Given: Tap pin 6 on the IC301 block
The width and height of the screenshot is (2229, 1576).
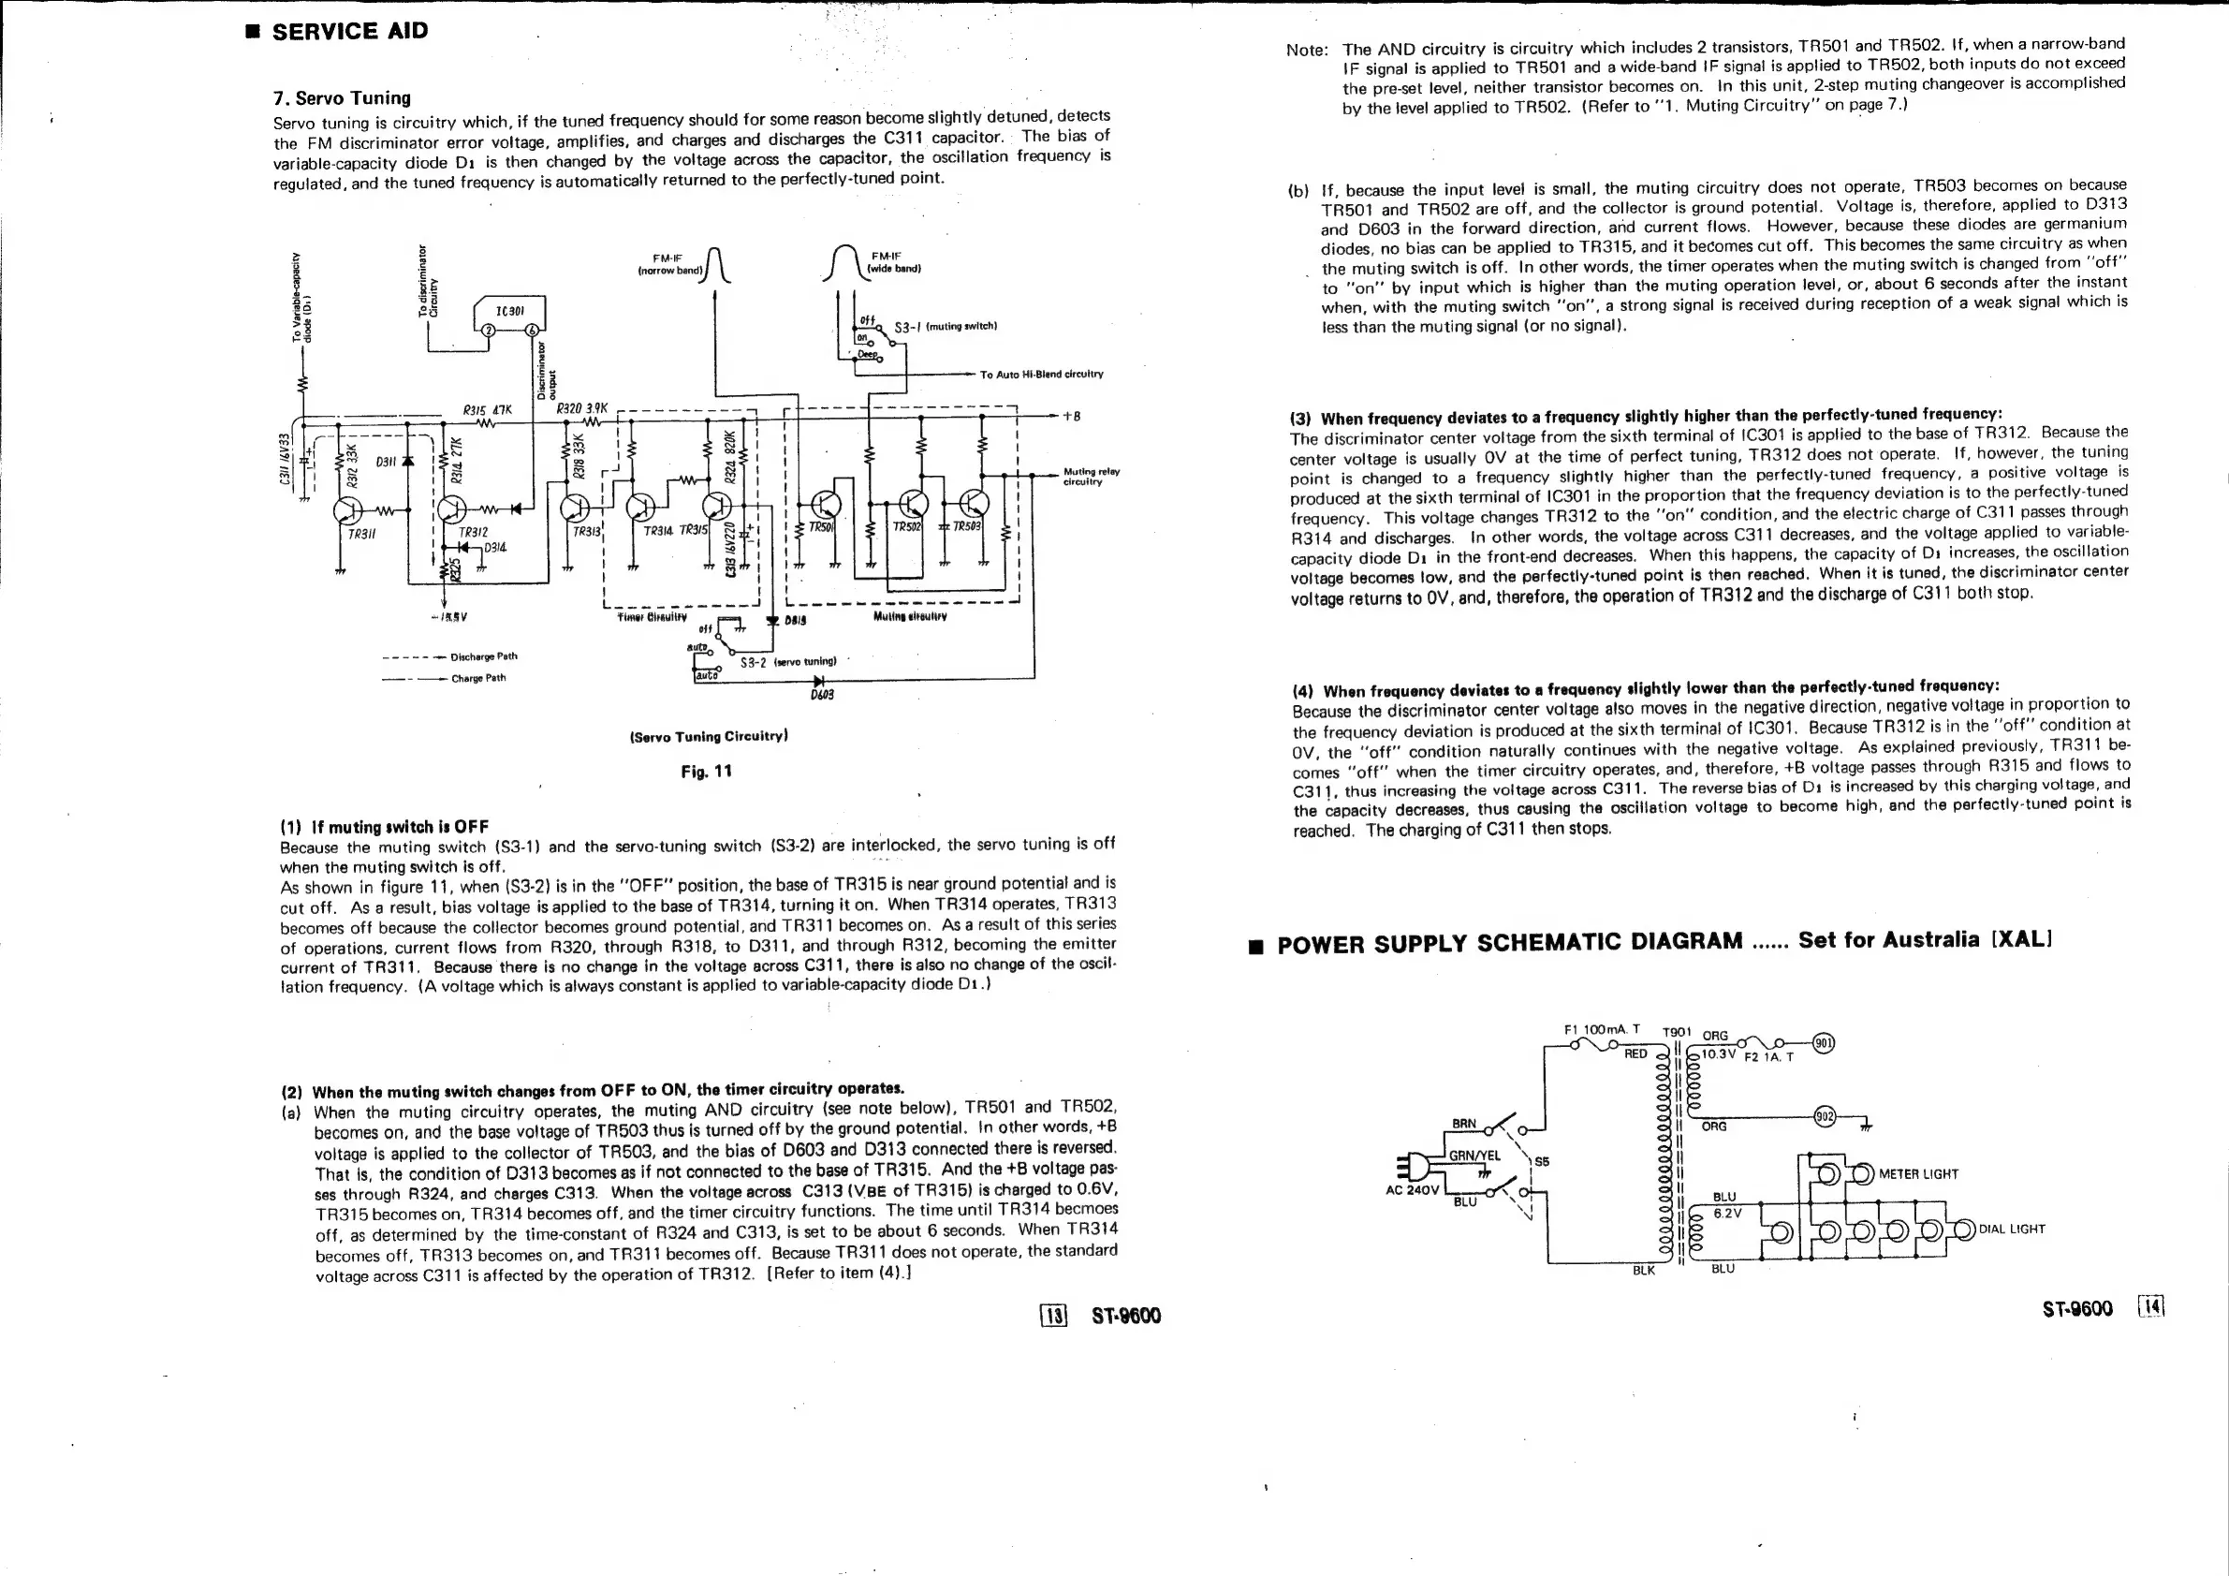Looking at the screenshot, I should click(530, 330).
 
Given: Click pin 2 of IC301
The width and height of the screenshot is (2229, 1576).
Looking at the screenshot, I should click(490, 330).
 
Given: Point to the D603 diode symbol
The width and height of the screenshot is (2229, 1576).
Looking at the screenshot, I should click(818, 681).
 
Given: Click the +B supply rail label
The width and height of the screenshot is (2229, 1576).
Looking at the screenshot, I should click(1071, 416).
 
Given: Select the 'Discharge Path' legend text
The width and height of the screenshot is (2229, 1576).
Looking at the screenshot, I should click(497, 656).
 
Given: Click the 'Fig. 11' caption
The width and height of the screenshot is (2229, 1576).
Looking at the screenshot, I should click(706, 771).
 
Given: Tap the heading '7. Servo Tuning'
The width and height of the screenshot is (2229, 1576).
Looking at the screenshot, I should click(342, 98).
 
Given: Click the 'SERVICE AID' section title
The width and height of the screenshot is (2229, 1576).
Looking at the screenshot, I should click(349, 31).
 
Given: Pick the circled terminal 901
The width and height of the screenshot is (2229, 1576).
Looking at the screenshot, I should click(1824, 1044).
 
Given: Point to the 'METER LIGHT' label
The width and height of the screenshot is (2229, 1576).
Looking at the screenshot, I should click(1918, 1173).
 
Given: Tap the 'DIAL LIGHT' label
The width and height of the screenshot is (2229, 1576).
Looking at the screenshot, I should click(2012, 1229).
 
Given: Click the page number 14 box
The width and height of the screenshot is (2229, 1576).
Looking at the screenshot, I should click(2150, 1307).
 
